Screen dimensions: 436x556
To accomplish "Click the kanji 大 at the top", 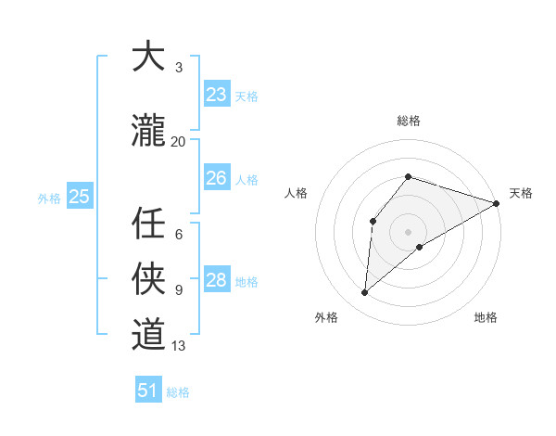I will [148, 58].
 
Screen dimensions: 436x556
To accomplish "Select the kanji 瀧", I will [148, 132].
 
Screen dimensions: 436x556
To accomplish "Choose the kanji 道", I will [148, 334].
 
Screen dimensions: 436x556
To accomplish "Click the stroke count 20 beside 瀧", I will [179, 142].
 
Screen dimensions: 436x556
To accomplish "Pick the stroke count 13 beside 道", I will [179, 346].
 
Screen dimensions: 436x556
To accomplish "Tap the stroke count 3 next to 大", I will [179, 68].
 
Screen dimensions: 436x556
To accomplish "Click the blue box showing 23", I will [216, 95].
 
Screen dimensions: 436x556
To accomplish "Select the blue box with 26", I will [216, 178].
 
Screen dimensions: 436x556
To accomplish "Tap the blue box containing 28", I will [216, 280].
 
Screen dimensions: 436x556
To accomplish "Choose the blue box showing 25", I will [79, 197].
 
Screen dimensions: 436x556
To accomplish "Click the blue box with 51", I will [148, 391].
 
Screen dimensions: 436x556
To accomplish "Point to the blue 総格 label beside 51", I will [178, 392].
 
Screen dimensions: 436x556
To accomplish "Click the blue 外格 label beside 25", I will [49, 198].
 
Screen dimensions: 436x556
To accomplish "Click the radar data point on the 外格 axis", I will [365, 293].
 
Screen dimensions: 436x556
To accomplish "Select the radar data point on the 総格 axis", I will [408, 176].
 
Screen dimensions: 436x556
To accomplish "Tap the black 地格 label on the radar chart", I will [486, 317].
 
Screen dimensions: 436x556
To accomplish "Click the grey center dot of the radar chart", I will [408, 230].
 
